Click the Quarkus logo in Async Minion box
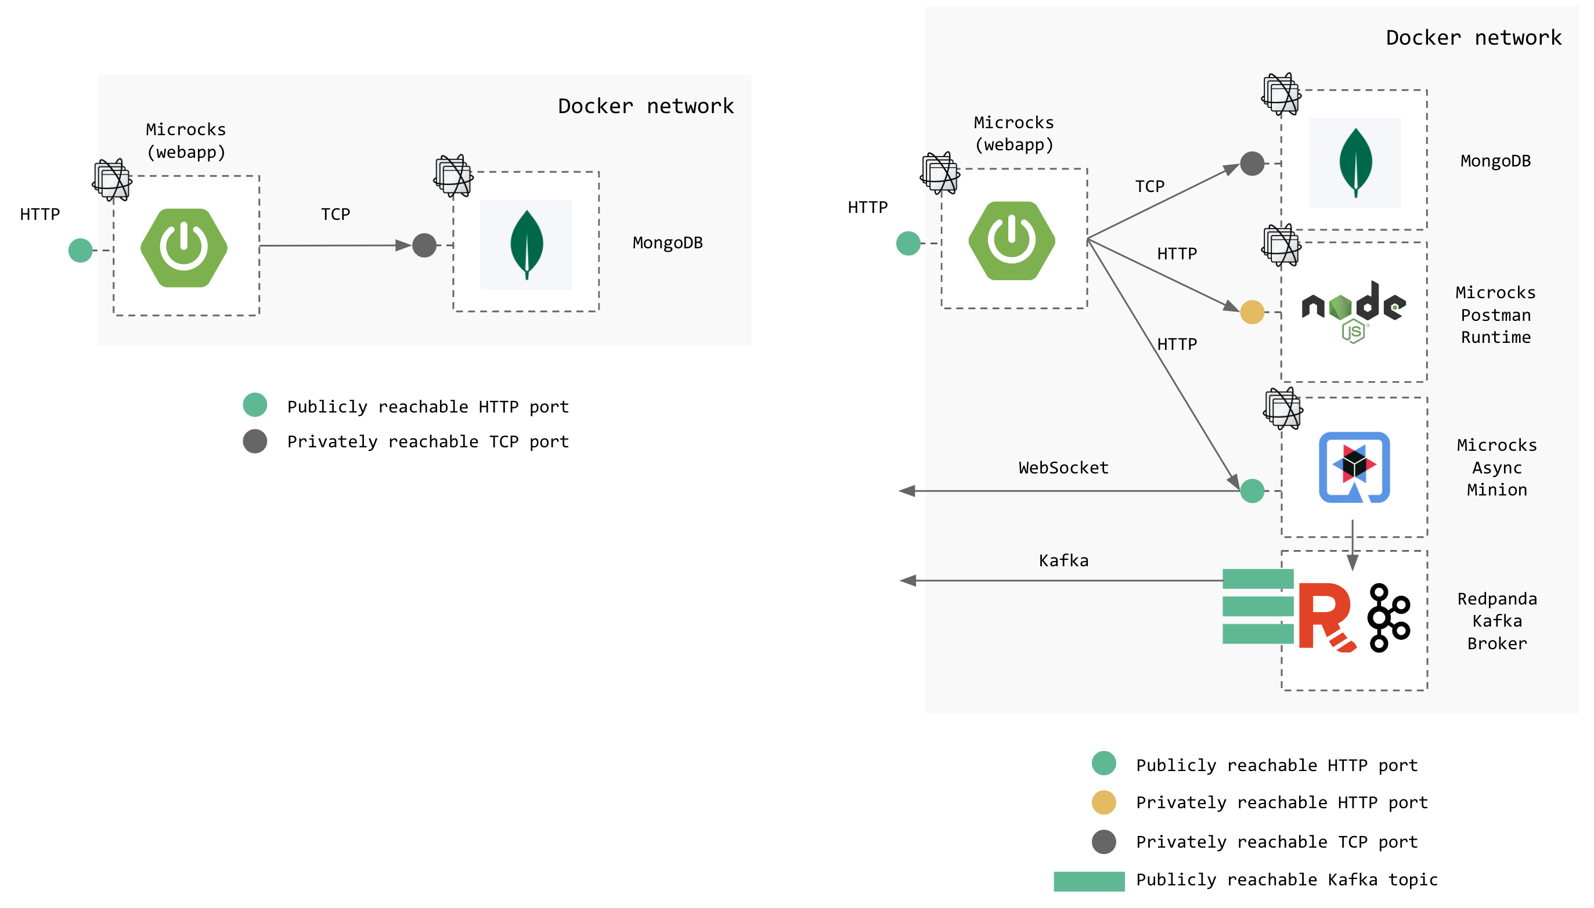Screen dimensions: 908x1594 (1353, 466)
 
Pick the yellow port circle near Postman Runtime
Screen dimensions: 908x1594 (1251, 312)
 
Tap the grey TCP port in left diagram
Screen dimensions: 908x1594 (424, 245)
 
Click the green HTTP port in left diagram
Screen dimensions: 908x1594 (81, 250)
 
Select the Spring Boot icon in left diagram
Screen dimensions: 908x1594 (184, 248)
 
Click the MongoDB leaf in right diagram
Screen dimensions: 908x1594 (1354, 162)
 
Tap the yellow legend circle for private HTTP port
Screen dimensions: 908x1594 (1103, 802)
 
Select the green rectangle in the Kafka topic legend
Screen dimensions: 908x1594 (1088, 881)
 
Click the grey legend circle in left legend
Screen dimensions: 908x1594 (255, 441)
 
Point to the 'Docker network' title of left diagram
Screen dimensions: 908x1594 (645, 106)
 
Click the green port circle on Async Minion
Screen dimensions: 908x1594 (1251, 491)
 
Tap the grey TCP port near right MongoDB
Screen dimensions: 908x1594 (1251, 164)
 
